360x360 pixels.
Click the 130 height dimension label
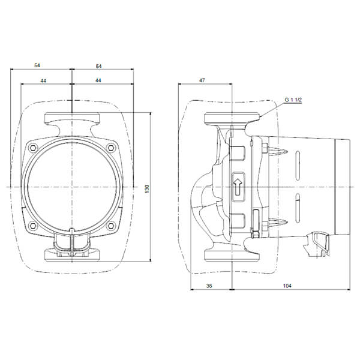147,188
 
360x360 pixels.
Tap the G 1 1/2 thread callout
293,100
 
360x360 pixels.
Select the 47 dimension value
202,80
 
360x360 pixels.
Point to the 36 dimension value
209,286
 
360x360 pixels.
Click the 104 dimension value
287,286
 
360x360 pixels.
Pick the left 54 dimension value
37,65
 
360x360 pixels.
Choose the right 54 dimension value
98,67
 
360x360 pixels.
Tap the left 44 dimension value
43,81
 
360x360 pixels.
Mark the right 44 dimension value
98,80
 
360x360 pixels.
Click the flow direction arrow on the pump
238,187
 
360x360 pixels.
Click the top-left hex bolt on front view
33,148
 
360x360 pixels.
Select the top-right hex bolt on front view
111,148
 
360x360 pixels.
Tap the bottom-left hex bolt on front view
33,226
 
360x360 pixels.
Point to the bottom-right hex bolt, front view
111,226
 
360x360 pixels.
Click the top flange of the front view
72,118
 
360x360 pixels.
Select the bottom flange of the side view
232,255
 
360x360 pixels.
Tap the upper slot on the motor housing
298,166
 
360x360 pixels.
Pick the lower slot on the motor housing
298,208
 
